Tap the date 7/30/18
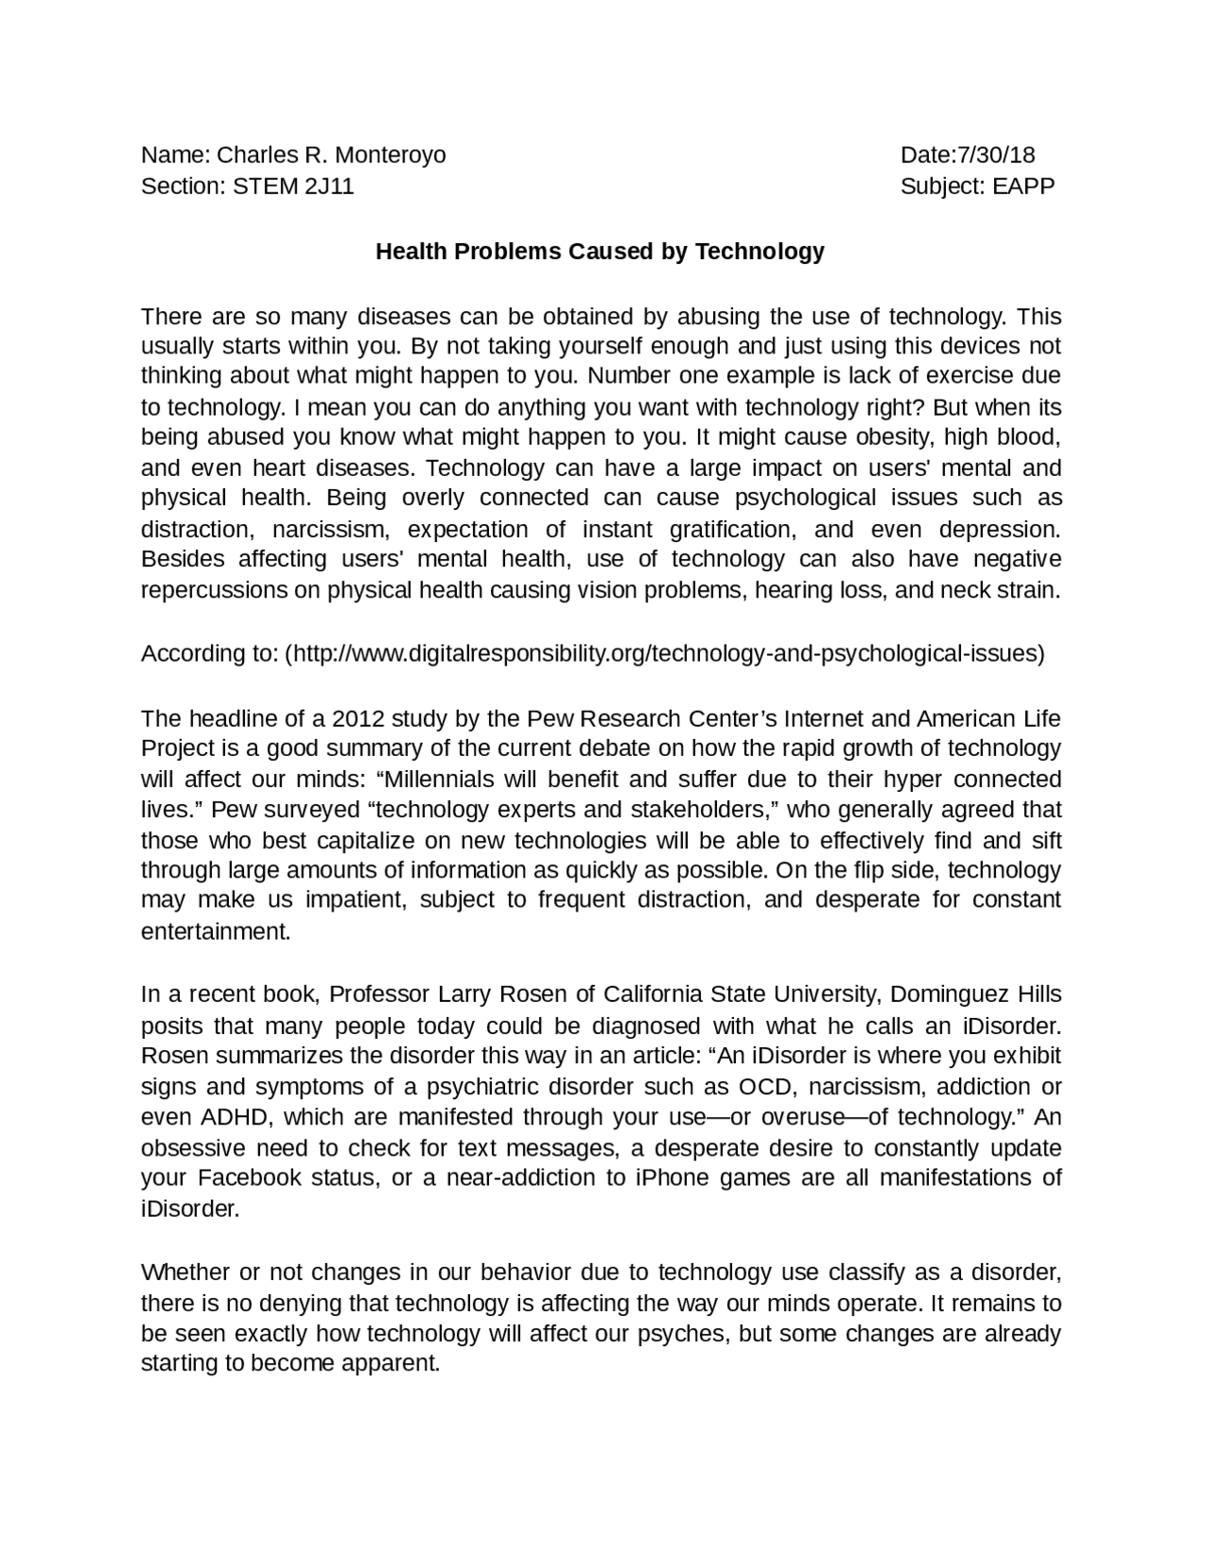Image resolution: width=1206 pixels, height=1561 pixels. point(996,155)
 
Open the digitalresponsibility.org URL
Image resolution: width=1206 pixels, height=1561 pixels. point(664,653)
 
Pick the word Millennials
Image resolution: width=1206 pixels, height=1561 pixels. point(434,780)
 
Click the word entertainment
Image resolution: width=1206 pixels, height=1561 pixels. point(216,931)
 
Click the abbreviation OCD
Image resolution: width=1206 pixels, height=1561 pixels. point(766,1087)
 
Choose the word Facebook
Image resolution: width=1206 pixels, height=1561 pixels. point(249,1178)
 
